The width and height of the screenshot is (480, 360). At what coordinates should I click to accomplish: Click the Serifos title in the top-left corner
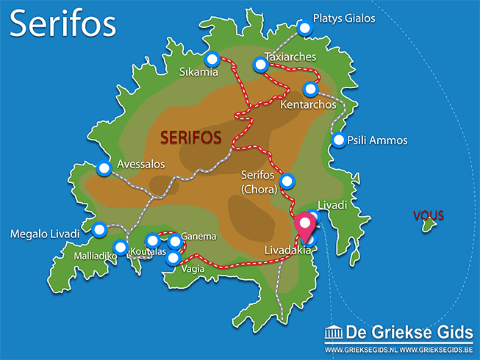point(63,24)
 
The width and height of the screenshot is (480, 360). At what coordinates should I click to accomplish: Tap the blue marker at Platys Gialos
point(305,28)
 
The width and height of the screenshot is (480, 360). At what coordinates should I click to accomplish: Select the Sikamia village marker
point(212,60)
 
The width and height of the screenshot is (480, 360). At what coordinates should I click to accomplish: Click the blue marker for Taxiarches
point(259,65)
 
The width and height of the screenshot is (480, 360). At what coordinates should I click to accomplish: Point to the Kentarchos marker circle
point(310,89)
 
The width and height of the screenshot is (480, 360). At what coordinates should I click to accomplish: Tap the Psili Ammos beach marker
point(339,140)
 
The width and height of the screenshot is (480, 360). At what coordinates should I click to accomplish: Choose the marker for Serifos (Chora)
point(287,181)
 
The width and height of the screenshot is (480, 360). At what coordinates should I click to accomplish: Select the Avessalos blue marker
point(104,168)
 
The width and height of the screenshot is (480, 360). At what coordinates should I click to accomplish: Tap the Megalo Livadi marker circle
point(99,228)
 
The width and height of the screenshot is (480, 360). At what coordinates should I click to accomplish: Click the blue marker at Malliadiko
point(121,247)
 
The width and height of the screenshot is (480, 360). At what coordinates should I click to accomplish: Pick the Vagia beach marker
point(172,258)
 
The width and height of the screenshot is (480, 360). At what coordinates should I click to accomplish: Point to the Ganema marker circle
point(174,241)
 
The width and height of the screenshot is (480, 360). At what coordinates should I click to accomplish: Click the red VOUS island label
point(429,216)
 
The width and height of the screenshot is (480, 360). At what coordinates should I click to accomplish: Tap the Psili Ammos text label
point(377,140)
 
